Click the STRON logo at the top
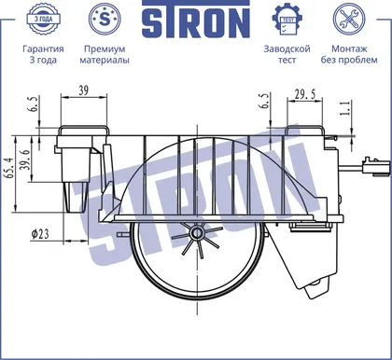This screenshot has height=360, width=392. point(196,21)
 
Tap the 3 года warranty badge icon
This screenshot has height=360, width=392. point(43,19)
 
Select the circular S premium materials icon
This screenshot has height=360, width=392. point(105,20)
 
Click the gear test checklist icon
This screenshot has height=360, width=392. point(287,20)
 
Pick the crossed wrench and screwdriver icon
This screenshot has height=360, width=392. point(349,20)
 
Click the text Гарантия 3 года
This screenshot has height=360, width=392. point(43,54)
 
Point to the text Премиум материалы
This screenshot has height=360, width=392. point(105,54)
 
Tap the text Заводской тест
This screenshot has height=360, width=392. point(287,54)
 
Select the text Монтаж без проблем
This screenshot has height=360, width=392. point(349,54)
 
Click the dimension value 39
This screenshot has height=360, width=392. point(83,90)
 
